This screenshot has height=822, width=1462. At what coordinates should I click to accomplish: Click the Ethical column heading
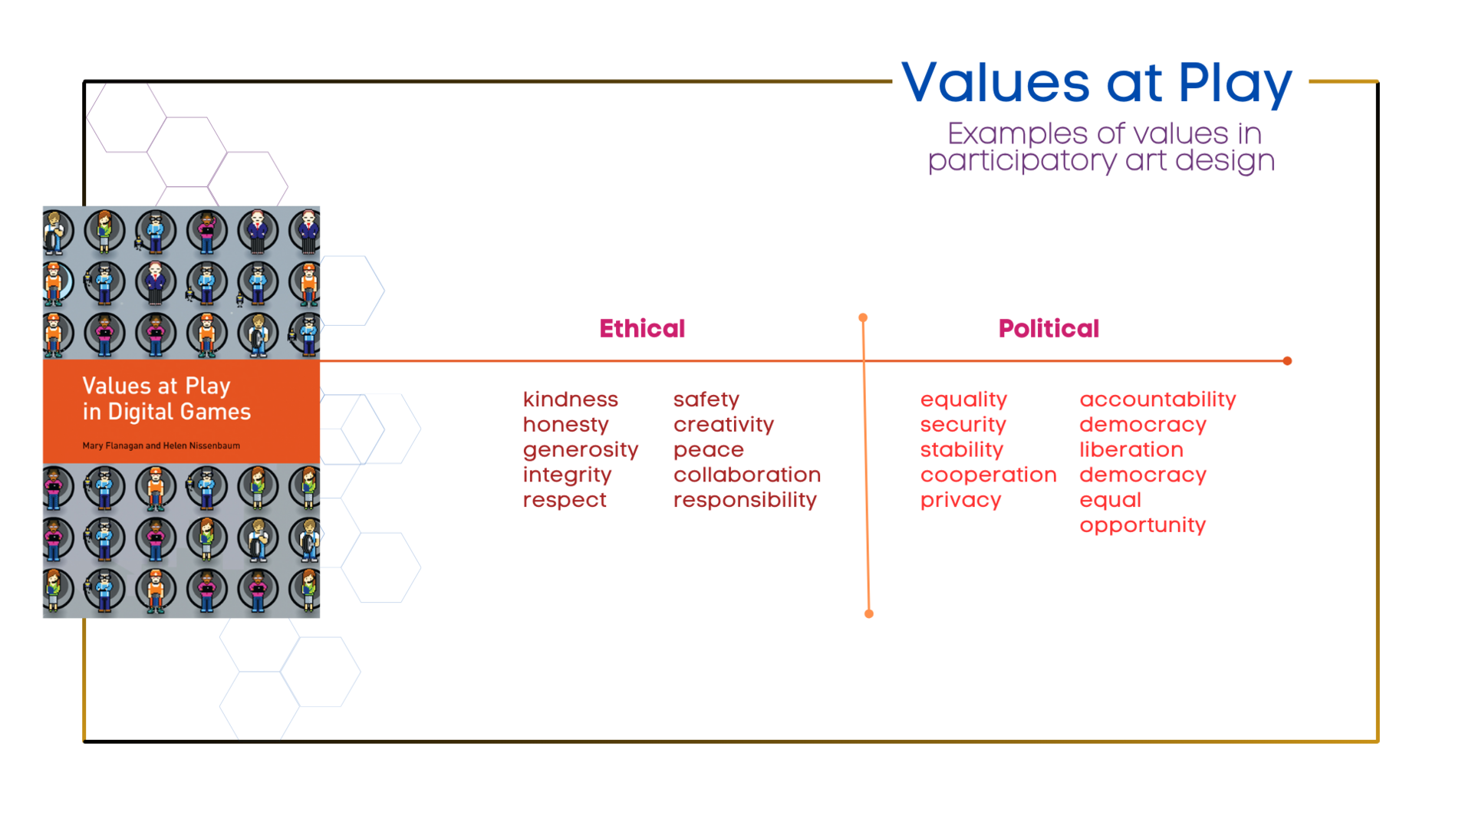(x=641, y=328)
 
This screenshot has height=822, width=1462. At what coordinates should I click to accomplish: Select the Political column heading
(x=1048, y=328)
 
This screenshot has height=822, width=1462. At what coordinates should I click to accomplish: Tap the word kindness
(x=570, y=399)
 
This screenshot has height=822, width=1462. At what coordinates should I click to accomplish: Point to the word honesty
(x=565, y=425)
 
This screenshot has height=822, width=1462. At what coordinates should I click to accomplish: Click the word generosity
(x=580, y=450)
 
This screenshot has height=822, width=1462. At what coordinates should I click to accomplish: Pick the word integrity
(x=567, y=475)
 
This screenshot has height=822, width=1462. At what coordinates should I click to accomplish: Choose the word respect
(x=565, y=501)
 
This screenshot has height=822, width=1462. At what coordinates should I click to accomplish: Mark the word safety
(x=706, y=399)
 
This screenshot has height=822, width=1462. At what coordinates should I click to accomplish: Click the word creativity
(x=723, y=425)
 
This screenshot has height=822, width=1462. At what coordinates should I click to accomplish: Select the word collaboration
(x=746, y=475)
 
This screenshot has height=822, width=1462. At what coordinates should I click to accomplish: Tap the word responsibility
(x=744, y=501)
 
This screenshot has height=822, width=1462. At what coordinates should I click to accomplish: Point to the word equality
(x=963, y=399)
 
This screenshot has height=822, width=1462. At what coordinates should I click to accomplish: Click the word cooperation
(x=988, y=475)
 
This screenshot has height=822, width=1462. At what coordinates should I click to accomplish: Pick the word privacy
(x=960, y=501)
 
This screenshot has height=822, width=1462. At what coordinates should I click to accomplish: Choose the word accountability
(x=1157, y=399)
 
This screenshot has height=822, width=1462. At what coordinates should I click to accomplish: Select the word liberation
(x=1131, y=449)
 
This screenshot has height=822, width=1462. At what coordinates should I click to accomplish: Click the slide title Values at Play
(x=1096, y=83)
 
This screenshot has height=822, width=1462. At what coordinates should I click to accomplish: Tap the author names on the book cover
(x=161, y=446)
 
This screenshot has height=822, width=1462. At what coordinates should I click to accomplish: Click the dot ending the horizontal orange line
(x=1287, y=360)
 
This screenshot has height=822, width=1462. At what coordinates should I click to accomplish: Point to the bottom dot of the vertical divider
(x=868, y=613)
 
